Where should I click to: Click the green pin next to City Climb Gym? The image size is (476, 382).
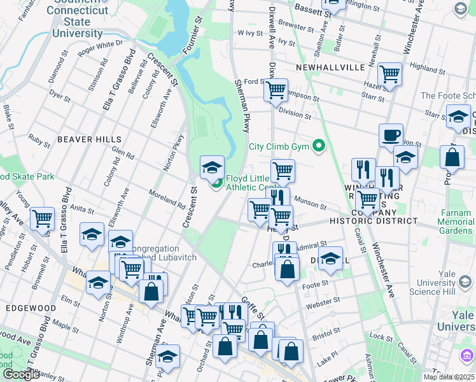[x=319, y=147]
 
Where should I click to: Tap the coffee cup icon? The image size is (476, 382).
[x=391, y=135]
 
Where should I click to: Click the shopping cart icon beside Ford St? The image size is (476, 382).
[x=276, y=90]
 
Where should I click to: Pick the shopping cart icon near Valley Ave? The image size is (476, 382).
[x=42, y=218]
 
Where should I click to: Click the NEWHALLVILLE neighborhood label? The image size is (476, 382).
[x=330, y=67]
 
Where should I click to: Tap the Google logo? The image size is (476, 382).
[x=21, y=374]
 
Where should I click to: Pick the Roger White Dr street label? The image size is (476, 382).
[x=100, y=47]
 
